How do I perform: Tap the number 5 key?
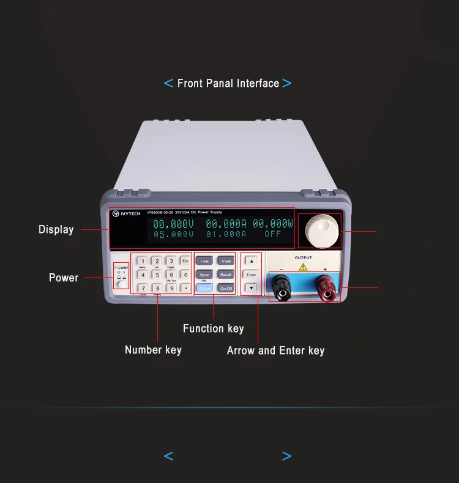click(157, 275)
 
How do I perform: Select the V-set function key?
click(226, 261)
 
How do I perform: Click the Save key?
click(204, 275)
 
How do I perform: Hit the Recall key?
click(226, 275)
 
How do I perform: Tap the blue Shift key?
click(204, 288)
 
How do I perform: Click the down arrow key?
click(251, 288)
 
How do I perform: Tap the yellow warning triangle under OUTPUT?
click(303, 267)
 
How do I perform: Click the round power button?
click(122, 284)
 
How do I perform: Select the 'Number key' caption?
click(153, 350)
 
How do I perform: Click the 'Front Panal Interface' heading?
click(228, 84)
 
